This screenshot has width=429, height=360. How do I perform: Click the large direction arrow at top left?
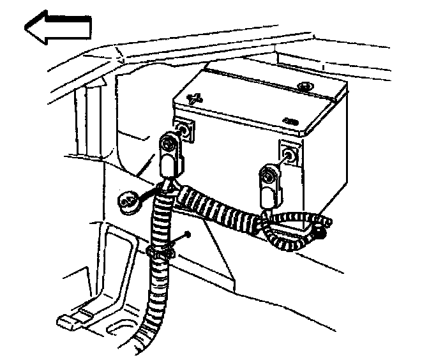click(57, 29)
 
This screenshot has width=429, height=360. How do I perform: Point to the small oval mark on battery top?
click(292, 121)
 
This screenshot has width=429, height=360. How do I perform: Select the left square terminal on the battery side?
click(184, 130)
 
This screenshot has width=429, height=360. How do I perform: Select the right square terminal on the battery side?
click(288, 154)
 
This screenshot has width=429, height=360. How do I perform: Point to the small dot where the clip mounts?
click(190, 234)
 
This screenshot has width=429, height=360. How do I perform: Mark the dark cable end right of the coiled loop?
click(320, 235)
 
